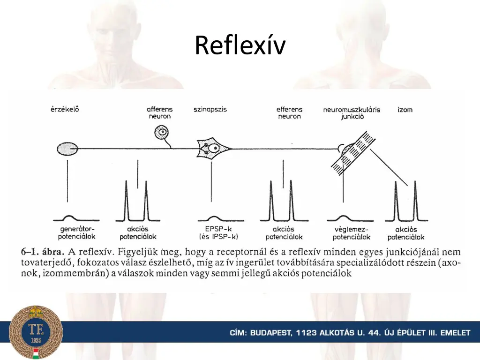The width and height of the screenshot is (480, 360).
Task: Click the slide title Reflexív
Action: click(240, 45)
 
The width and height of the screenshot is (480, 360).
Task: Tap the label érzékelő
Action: click(65, 109)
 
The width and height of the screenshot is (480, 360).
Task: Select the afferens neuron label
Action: click(159, 112)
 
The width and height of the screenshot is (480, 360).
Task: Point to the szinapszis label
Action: click(210, 109)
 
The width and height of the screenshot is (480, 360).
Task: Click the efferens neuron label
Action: click(289, 112)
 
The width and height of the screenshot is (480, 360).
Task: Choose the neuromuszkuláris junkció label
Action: click(352, 113)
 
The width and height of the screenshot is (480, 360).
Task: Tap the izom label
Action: click(405, 109)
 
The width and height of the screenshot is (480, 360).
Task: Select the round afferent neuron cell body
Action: click(162, 133)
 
